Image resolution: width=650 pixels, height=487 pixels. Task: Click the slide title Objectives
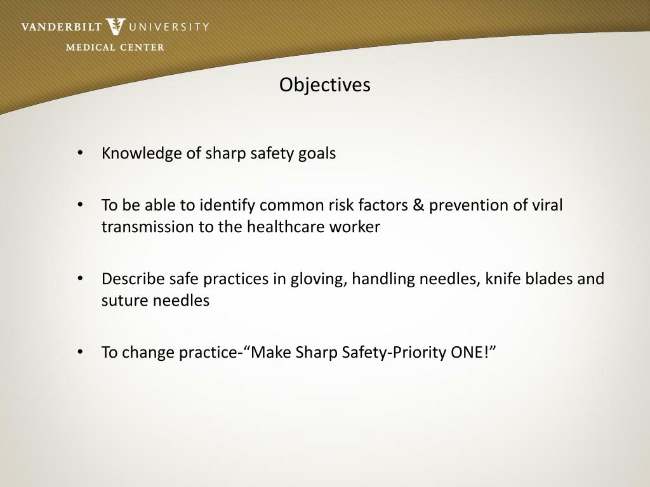tap(324, 85)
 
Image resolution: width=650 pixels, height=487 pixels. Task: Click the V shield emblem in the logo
tap(116, 27)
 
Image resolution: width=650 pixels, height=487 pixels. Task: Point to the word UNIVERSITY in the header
tap(169, 27)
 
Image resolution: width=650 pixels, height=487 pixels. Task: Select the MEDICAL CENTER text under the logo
tap(115, 47)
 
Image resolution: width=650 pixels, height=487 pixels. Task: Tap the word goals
tap(317, 153)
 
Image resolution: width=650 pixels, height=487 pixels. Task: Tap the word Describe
tap(133, 279)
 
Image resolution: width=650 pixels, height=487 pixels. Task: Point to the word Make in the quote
tap(272, 353)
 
